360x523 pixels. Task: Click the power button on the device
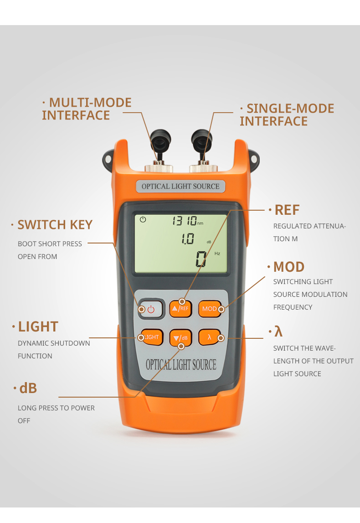151,309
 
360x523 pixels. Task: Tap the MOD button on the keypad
211,309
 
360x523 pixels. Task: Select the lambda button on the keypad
210,337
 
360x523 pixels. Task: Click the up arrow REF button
180,309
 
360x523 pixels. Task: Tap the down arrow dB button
180,338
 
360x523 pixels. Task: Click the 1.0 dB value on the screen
188,238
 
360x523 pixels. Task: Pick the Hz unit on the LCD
217,254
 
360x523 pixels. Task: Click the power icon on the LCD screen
143,219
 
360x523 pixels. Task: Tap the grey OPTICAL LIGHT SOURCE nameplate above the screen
180,186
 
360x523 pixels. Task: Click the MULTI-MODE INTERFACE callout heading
87,109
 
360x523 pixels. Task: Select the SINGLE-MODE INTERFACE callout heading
287,115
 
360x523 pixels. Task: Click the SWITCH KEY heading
55,225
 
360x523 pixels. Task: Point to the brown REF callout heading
287,210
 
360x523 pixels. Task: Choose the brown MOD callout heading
289,267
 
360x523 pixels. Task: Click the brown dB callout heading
28,388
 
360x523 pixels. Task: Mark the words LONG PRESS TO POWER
56,408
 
